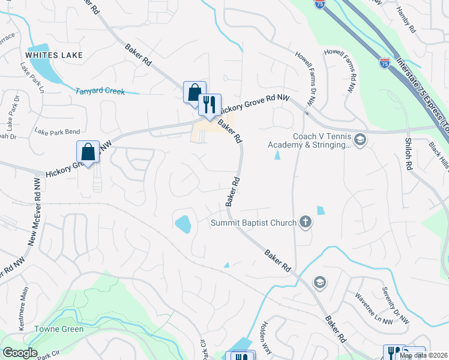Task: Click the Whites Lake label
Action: point(53,55)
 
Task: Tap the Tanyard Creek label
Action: point(100,92)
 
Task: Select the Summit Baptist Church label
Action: point(253,223)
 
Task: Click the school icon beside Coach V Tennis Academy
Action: point(360,140)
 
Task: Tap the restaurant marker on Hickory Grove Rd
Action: point(209,105)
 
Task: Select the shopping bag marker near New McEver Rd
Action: point(88,152)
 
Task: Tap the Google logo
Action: point(20,353)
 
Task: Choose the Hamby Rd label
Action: point(406,20)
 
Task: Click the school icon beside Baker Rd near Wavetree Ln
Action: point(320,282)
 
